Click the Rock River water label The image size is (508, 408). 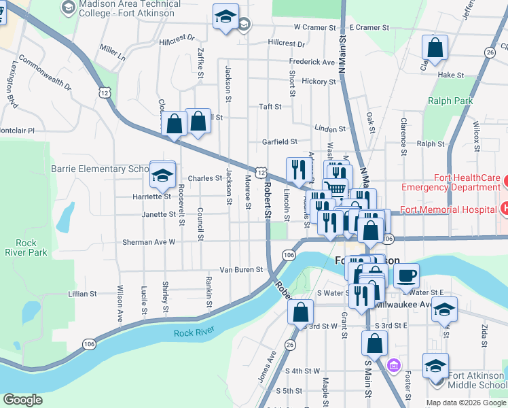tap(194, 332)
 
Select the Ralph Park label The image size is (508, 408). tap(450, 101)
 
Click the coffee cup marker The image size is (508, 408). tap(406, 275)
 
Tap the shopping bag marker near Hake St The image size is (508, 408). tap(435, 48)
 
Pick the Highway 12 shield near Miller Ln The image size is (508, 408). tap(103, 91)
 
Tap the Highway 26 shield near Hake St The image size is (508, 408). tap(490, 52)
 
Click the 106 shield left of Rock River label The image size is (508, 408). tap(89, 345)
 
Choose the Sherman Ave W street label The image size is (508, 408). tap(148, 241)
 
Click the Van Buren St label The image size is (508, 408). tap(240, 270)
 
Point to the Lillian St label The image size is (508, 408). tap(83, 294)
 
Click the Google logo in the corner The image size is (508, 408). tap(23, 400)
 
